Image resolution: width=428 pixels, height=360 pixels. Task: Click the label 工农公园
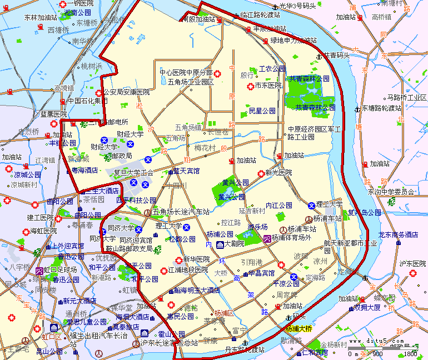(272, 69)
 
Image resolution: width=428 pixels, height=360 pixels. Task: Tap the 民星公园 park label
(262, 111)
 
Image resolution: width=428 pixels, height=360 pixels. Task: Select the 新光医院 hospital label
(278, 173)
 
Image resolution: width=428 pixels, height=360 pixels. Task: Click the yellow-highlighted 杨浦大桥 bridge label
(298, 328)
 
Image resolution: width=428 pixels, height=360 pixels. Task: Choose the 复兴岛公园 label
(364, 212)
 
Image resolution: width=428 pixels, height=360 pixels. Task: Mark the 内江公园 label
(279, 205)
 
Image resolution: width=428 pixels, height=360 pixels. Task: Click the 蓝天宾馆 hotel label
(186, 171)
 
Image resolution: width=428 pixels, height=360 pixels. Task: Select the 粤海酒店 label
(84, 170)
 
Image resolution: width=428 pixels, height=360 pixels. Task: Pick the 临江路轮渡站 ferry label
(260, 14)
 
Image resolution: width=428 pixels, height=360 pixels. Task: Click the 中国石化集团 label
(87, 101)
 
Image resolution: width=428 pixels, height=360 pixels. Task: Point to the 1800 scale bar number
(410, 353)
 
